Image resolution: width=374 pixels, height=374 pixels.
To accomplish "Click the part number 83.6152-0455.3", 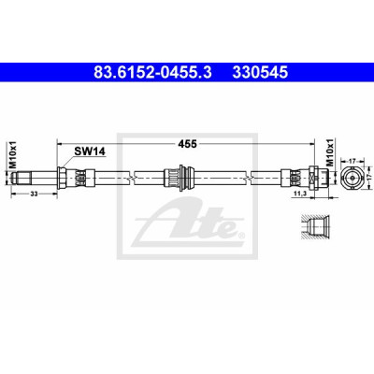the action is [152, 73].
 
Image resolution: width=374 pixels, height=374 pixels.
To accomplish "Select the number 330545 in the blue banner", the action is [259, 73].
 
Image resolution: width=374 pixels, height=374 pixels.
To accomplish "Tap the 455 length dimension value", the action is [187, 144].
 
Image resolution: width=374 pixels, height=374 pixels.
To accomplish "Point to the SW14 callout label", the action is [90, 151].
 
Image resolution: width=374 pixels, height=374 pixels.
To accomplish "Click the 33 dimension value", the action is [34, 194].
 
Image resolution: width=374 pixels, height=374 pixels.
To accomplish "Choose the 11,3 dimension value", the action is [299, 194].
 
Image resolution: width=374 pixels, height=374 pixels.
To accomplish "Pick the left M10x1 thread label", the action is [11, 155].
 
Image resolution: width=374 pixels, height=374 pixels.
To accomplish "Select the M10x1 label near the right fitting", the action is [330, 151].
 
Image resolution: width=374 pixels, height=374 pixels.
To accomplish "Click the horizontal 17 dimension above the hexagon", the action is [352, 161].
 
